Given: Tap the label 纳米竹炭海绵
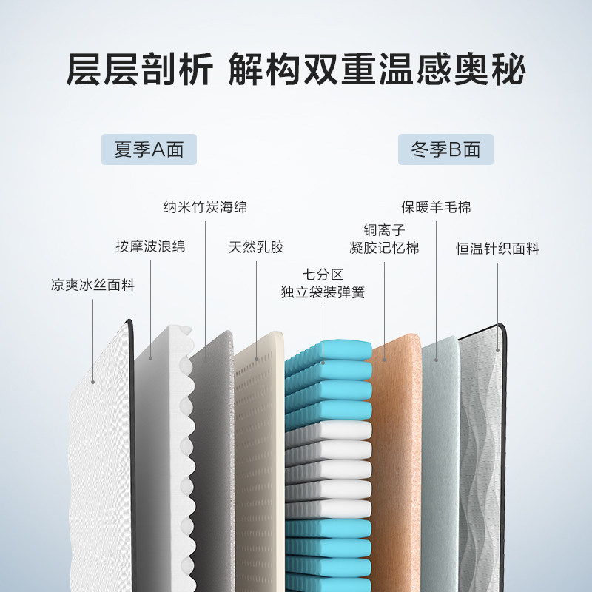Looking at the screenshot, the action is pos(205,207).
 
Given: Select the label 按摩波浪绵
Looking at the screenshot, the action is pos(150,246).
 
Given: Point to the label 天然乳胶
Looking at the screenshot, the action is pos(256,246).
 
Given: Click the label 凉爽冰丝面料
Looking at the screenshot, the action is pos(92,285).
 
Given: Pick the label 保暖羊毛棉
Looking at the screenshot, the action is pos(436,207).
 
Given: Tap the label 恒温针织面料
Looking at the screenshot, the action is pos(497,249).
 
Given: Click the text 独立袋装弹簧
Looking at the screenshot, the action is pos(323,292).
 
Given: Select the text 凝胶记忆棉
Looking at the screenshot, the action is pos(385,248).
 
